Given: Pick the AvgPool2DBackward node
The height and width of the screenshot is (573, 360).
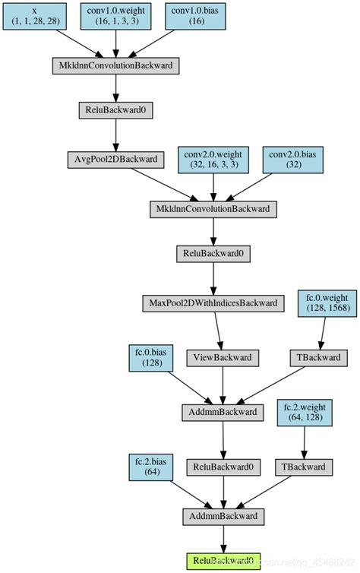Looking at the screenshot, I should coord(115,160).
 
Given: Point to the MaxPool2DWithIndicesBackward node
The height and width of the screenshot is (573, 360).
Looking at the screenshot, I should coord(213,303).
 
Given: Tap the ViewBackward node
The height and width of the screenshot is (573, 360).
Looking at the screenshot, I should coord(223,357).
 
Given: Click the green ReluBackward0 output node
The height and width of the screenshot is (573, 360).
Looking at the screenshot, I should coord(223,561).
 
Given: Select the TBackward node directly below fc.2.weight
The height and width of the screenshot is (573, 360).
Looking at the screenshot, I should coord(304,467).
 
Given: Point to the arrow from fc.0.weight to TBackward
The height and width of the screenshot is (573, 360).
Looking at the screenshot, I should coord(323,331).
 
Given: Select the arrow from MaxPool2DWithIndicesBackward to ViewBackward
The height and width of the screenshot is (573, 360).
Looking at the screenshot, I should coord(218,330).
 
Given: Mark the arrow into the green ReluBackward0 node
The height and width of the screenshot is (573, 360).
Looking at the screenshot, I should coord(223,539).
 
